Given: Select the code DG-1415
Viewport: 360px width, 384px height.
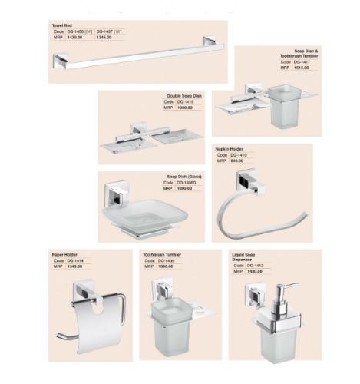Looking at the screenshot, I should [186, 102].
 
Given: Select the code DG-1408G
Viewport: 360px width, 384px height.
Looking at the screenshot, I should [187, 182].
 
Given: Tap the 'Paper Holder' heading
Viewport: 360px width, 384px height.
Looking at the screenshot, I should [65, 253].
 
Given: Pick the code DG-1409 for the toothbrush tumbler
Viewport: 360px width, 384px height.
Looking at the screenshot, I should [165, 260].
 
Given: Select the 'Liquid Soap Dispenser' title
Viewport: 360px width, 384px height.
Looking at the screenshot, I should [244, 256].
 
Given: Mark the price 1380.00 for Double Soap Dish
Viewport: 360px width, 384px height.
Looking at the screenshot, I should [185, 108].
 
